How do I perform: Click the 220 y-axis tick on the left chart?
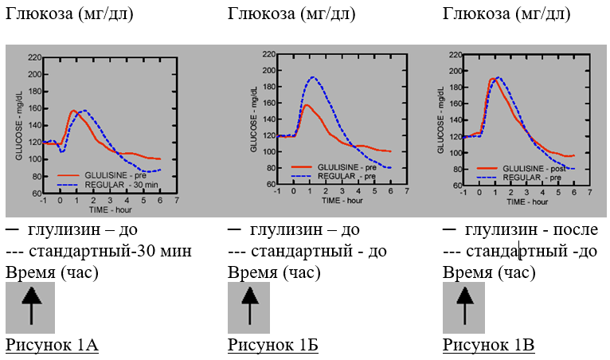click(x=34, y=57)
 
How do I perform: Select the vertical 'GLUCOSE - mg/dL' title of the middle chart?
click(x=254, y=119)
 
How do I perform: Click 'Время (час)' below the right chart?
click(x=489, y=272)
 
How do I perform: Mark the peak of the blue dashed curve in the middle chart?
click(x=313, y=77)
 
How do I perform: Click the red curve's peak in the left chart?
click(x=73, y=110)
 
